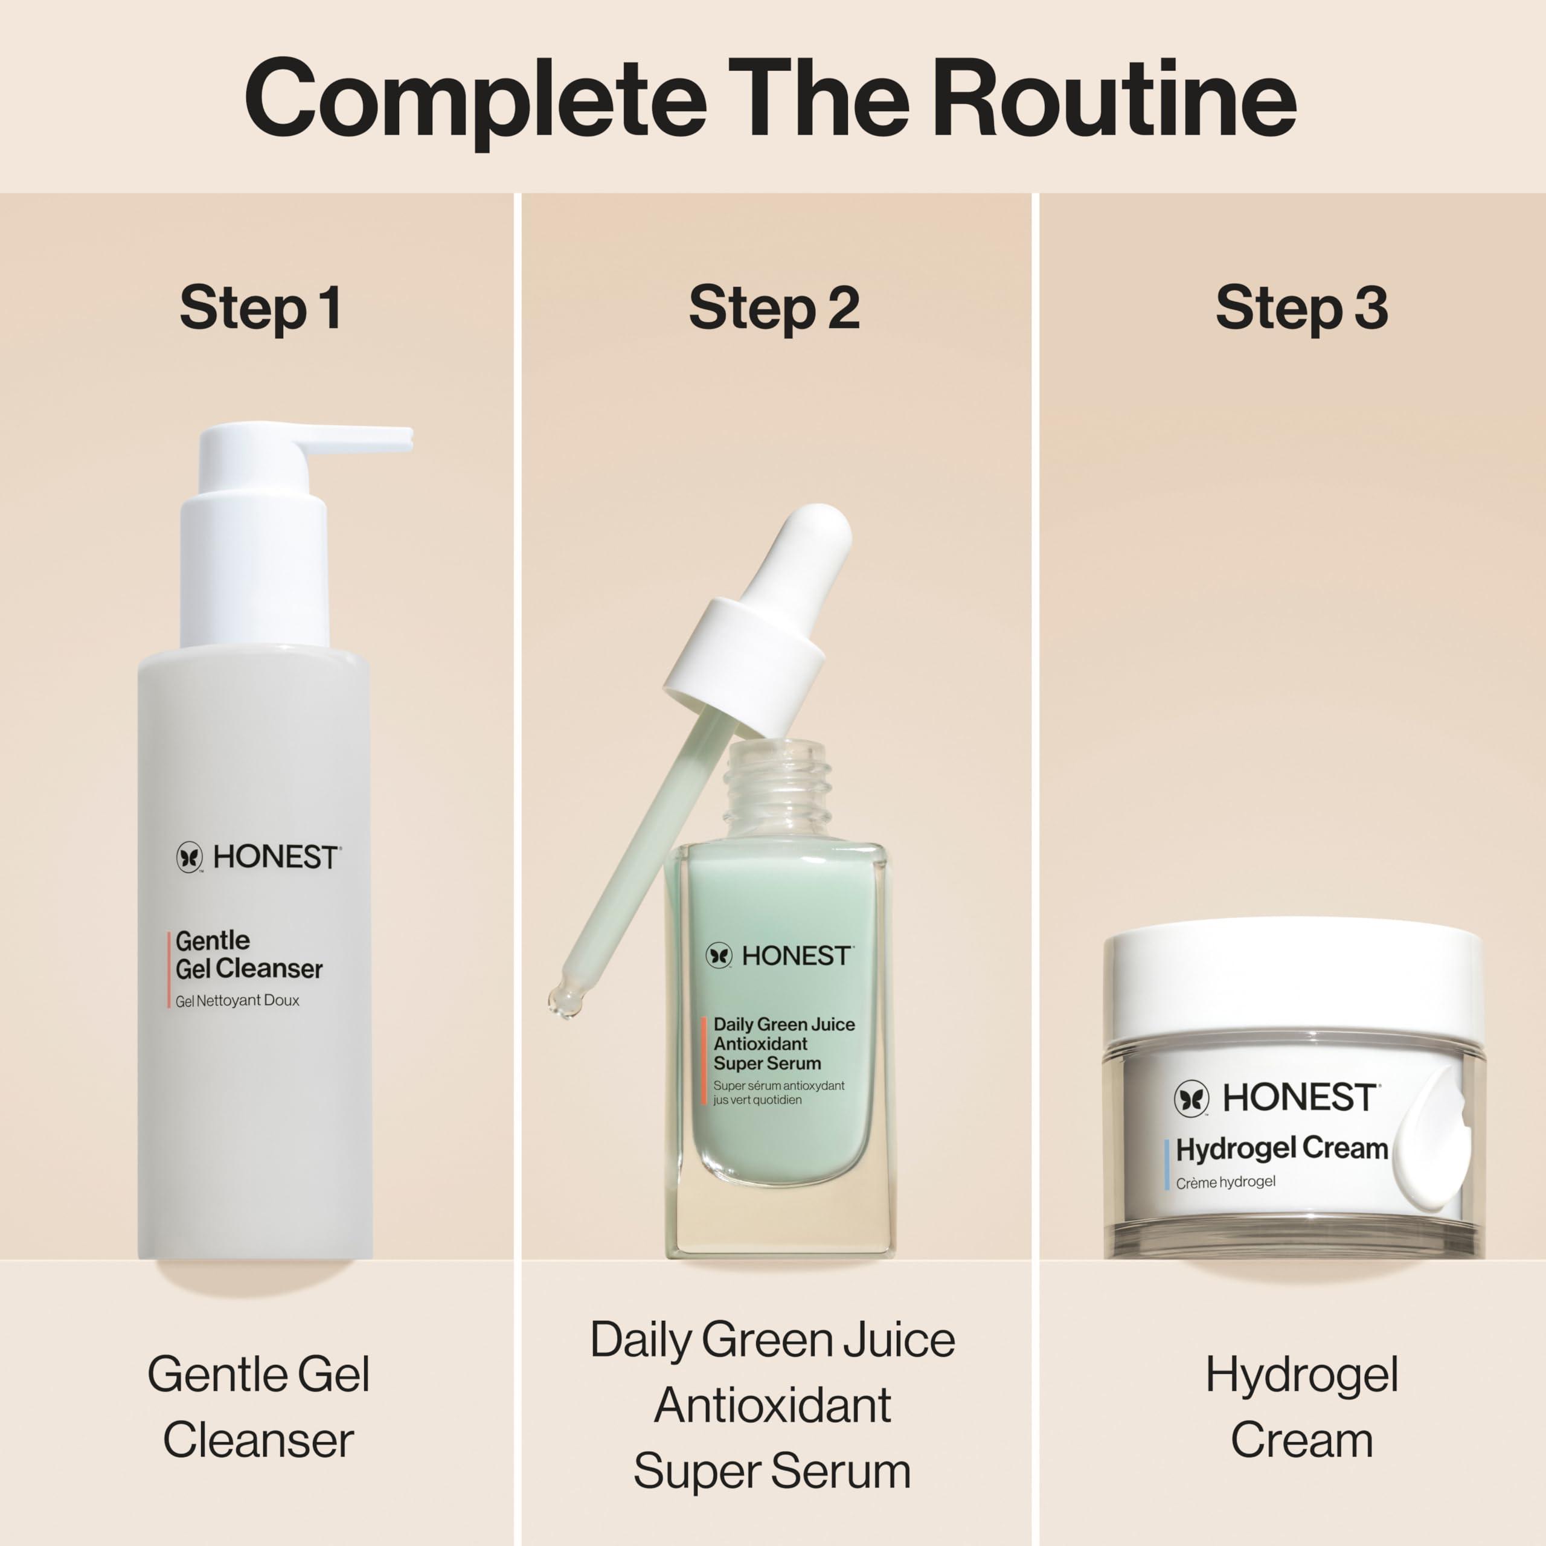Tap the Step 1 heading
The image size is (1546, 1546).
(260, 308)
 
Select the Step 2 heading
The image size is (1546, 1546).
(773, 308)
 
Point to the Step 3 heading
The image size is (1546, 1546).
(1301, 308)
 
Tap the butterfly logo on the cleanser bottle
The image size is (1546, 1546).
(190, 857)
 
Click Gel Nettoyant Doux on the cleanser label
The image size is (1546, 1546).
(238, 1000)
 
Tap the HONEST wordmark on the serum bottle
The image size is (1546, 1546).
(795, 955)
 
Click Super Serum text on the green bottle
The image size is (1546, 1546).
(766, 1063)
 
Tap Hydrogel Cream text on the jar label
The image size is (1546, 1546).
(1281, 1149)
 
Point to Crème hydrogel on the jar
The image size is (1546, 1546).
(1225, 1182)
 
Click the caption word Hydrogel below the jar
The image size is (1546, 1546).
(1301, 1374)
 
